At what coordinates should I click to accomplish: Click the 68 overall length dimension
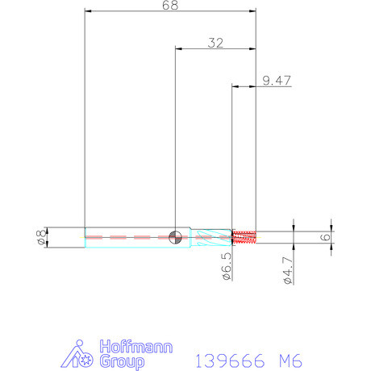tap(170, 6)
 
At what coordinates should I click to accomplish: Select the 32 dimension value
tap(215, 43)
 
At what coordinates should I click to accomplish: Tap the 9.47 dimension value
tap(277, 81)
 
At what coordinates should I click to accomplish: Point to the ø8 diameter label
tap(40, 237)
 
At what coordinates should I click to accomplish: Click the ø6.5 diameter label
tap(227, 266)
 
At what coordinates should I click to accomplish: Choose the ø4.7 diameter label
tap(288, 270)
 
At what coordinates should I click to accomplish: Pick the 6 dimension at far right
tap(326, 237)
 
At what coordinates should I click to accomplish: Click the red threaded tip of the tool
tap(244, 237)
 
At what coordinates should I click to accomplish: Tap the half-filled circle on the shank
tap(175, 237)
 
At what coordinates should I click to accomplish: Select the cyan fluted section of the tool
tap(211, 237)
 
